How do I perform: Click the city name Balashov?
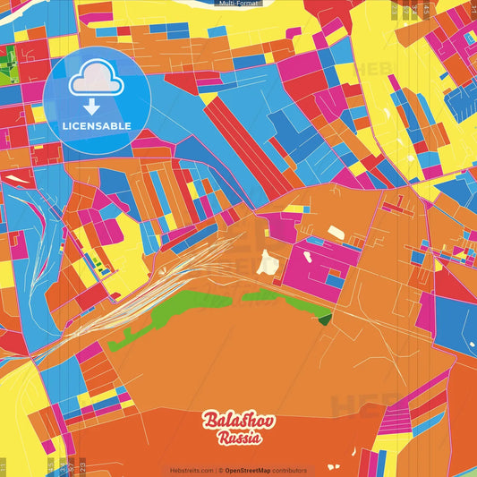click(x=239, y=421)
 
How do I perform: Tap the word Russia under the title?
click(x=239, y=439)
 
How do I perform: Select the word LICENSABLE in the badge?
click(x=97, y=125)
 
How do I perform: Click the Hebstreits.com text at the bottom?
click(x=192, y=471)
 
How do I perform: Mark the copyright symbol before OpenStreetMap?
click(x=221, y=471)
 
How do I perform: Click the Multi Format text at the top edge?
click(x=239, y=4)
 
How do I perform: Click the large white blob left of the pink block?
click(x=268, y=263)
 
